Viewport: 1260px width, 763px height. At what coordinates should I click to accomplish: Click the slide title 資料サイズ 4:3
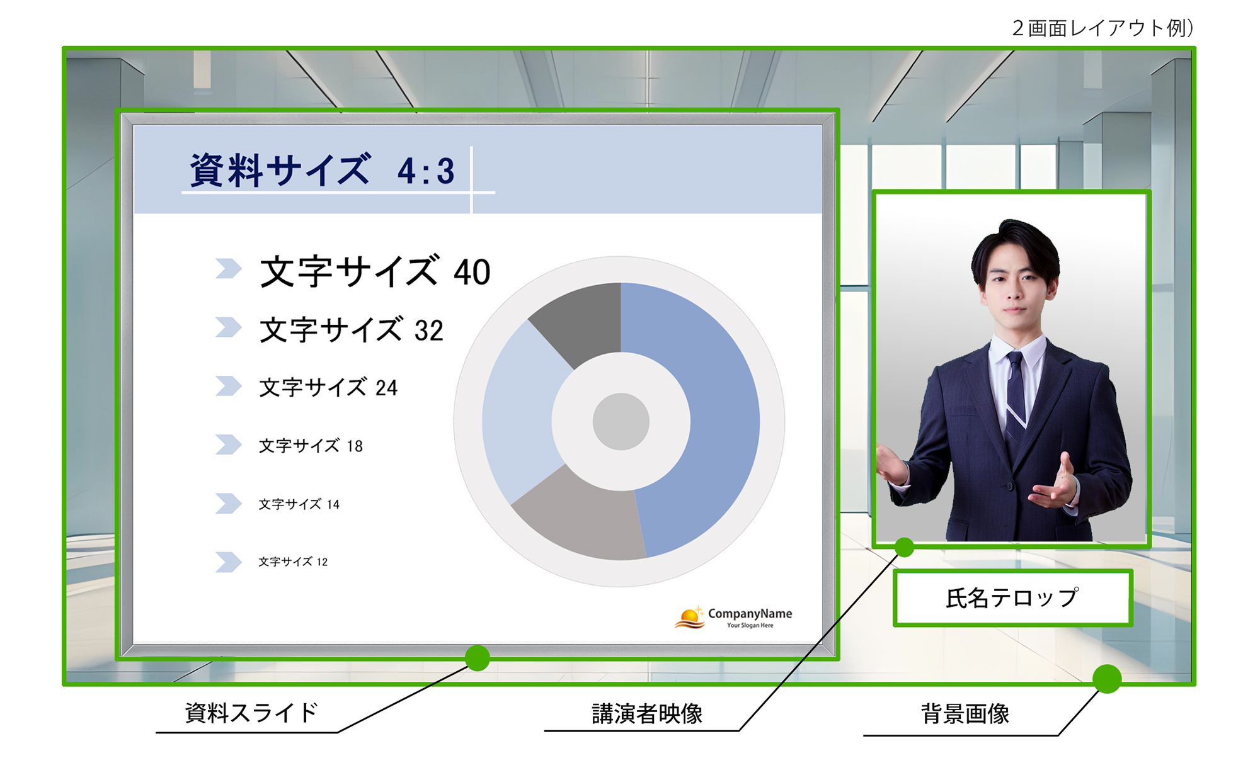pyautogui.click(x=322, y=171)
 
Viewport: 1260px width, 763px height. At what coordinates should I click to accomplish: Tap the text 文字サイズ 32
pyautogui.click(x=351, y=330)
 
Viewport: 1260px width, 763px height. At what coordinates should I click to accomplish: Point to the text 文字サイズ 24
pyautogui.click(x=328, y=388)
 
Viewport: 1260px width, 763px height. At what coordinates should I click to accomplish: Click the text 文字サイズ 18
pyautogui.click(x=311, y=446)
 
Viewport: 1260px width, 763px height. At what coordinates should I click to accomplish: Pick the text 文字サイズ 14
pyautogui.click(x=299, y=504)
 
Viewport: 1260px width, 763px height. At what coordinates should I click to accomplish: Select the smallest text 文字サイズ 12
pyautogui.click(x=293, y=562)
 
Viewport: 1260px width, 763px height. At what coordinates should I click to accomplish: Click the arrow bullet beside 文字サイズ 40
pyautogui.click(x=228, y=269)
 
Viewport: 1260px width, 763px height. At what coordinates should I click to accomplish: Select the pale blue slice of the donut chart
pyautogui.click(x=520, y=409)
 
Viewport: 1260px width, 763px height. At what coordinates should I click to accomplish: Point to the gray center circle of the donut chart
pyautogui.click(x=621, y=422)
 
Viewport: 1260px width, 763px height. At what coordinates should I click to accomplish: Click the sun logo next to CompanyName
pyautogui.click(x=689, y=618)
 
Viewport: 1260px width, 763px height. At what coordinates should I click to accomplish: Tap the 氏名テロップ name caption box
pyautogui.click(x=1012, y=598)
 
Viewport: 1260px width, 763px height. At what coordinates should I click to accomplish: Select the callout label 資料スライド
pyautogui.click(x=251, y=713)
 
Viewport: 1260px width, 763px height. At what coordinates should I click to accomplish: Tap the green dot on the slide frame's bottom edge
pyautogui.click(x=478, y=658)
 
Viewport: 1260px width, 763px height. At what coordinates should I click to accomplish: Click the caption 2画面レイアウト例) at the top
pyautogui.click(x=1102, y=28)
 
